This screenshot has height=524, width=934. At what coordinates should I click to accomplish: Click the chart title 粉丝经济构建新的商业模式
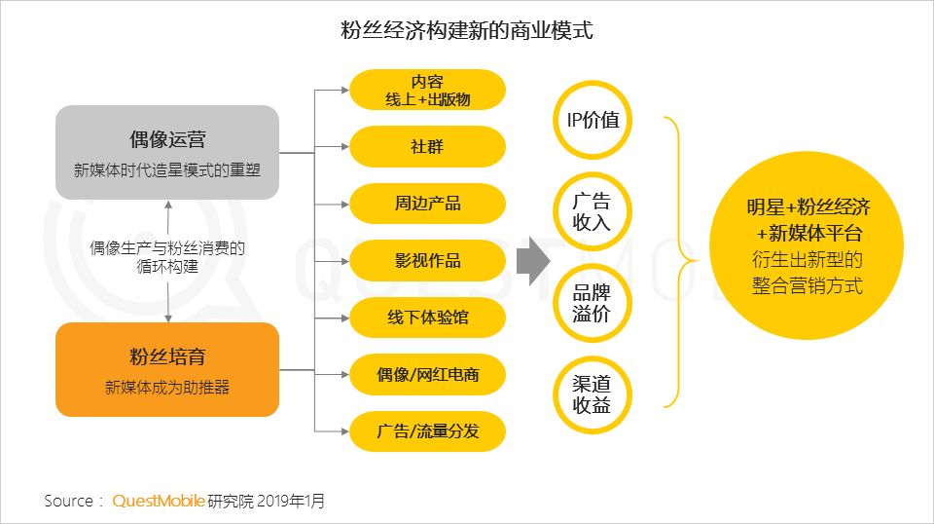(x=466, y=30)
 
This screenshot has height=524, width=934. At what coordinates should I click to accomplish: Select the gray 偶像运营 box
(x=167, y=153)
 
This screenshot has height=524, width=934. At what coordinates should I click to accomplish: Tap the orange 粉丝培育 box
(x=167, y=369)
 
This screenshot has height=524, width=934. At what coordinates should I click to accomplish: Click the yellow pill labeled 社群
(x=427, y=147)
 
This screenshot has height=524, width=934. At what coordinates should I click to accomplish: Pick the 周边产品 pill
(x=427, y=204)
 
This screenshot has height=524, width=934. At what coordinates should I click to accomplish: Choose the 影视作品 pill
(x=427, y=260)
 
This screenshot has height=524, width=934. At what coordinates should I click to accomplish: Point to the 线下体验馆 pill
(x=427, y=318)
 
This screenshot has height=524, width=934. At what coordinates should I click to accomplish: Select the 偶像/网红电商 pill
(x=427, y=374)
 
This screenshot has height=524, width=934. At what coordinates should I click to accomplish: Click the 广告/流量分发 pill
(x=427, y=431)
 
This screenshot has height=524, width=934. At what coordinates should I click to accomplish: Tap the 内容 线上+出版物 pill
(x=427, y=90)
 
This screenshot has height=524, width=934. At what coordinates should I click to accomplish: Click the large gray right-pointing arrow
(x=532, y=261)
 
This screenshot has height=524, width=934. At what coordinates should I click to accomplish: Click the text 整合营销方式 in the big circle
(x=808, y=286)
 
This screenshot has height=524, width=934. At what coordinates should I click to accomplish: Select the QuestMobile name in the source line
(x=159, y=501)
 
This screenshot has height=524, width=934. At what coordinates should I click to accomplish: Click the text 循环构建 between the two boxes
(x=167, y=267)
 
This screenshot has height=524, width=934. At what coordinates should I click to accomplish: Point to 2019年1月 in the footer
(x=291, y=501)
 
